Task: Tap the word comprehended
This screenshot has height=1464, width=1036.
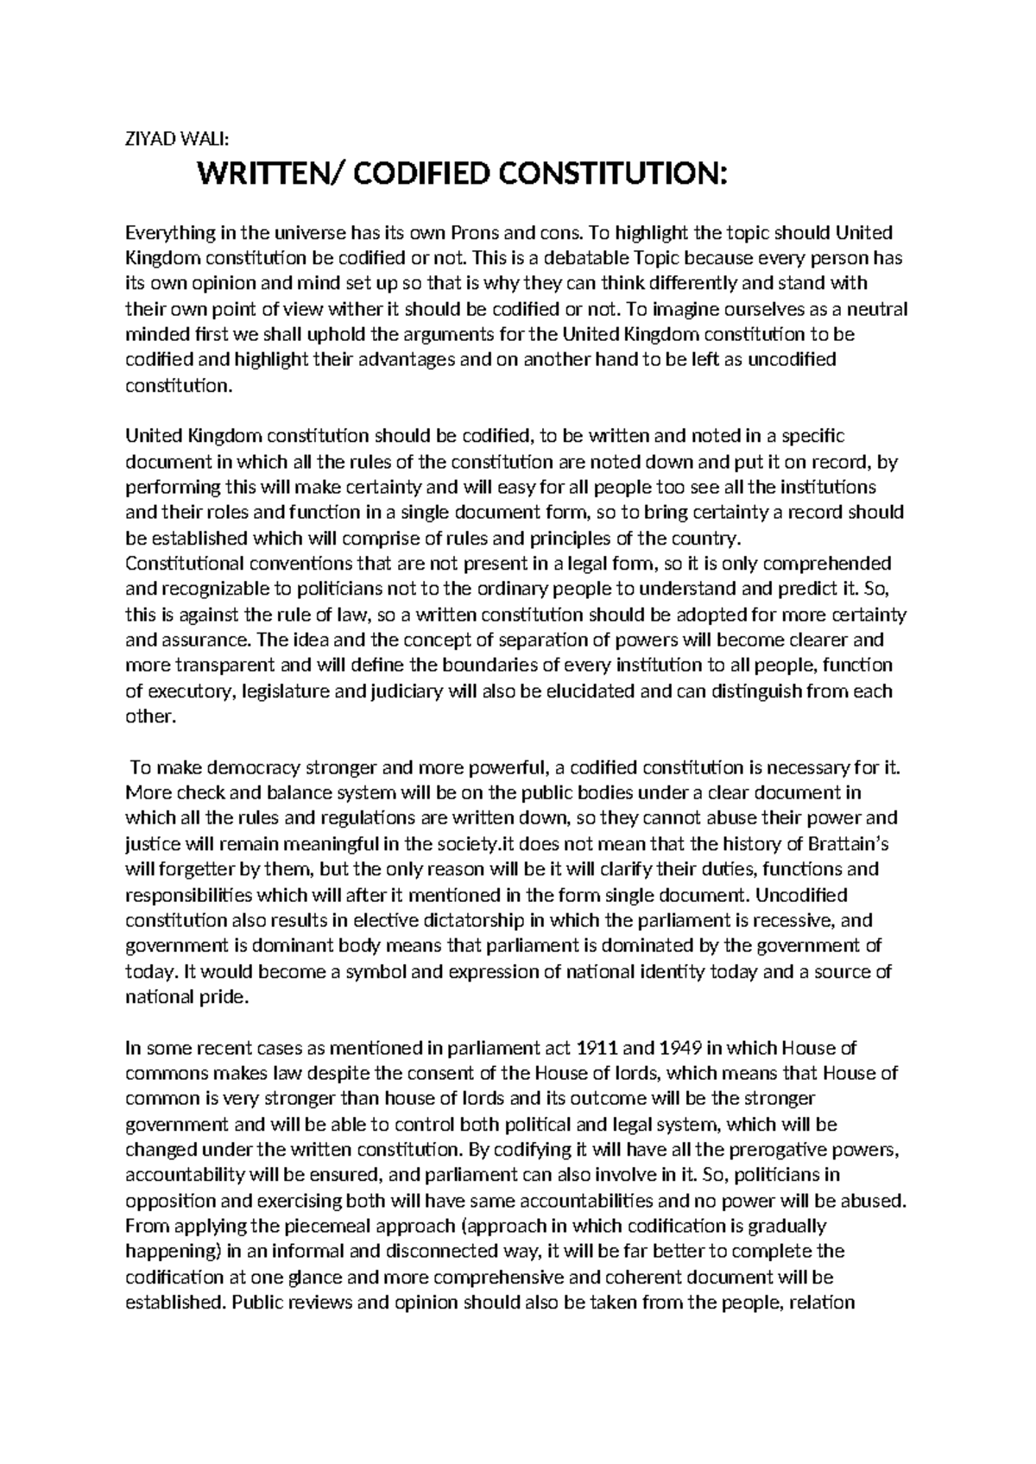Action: [x=830, y=564]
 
